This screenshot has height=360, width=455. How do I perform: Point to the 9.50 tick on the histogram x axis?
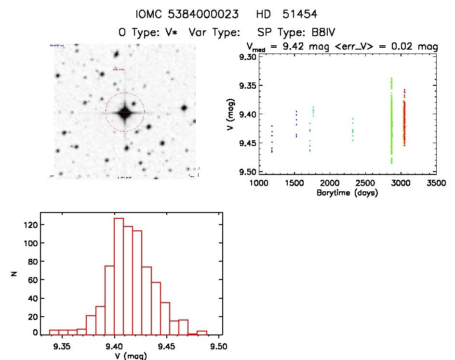220,346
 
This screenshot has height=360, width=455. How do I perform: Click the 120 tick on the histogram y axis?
33,225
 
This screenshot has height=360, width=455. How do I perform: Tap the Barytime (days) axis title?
347,193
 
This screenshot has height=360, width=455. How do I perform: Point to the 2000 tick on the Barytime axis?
330,184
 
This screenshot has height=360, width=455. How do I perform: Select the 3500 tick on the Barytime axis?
436,184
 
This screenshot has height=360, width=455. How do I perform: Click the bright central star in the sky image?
125,112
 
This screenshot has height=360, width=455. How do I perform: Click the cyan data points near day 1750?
313,111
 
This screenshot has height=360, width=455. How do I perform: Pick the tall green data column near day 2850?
391,120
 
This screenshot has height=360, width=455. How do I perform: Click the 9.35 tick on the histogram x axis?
62,346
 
